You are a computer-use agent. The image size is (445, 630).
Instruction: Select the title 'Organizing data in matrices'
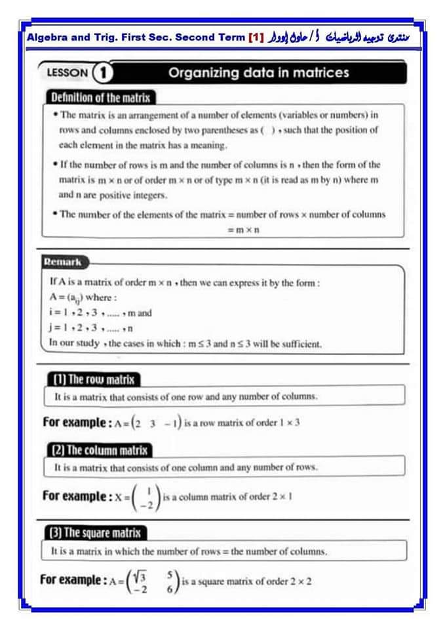(x=259, y=73)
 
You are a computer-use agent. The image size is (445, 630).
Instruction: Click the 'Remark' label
(x=62, y=262)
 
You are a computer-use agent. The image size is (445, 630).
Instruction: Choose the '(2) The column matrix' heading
(x=99, y=450)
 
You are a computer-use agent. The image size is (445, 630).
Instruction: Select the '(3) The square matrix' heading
(x=96, y=532)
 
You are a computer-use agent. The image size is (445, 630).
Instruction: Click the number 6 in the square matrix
(x=170, y=589)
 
